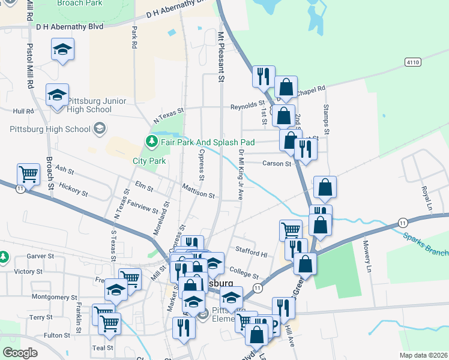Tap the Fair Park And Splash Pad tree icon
click(x=152, y=142)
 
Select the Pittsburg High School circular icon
click(x=99, y=128)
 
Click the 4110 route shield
click(x=412, y=62)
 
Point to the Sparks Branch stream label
click(x=425, y=243)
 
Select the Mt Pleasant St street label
click(x=221, y=57)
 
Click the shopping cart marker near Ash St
click(x=28, y=175)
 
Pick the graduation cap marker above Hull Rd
click(x=58, y=94)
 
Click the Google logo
click(x=20, y=353)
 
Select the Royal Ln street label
click(x=427, y=196)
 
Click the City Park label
click(x=149, y=161)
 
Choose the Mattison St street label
click(x=199, y=194)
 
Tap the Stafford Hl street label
click(x=252, y=254)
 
